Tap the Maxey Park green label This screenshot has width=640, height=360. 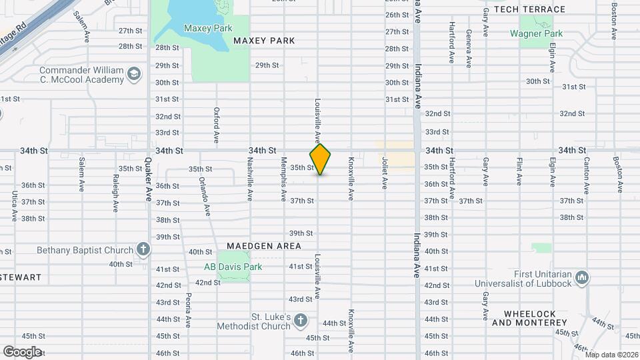coord(208,28)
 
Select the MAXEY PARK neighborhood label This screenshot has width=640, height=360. coord(264,41)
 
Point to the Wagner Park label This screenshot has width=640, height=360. coord(537,33)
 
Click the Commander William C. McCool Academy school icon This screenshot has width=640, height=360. coord(135,73)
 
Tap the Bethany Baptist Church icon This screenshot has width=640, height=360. coord(143,250)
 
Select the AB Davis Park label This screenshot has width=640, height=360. coord(233,267)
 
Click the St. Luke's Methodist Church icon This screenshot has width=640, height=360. coord(301,321)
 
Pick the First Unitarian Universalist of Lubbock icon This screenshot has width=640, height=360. coord(581,277)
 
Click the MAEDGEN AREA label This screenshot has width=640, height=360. coord(264,246)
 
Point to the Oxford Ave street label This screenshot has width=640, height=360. coord(217,125)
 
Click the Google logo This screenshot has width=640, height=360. coord(22,351)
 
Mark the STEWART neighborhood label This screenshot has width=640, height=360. coord(21,277)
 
